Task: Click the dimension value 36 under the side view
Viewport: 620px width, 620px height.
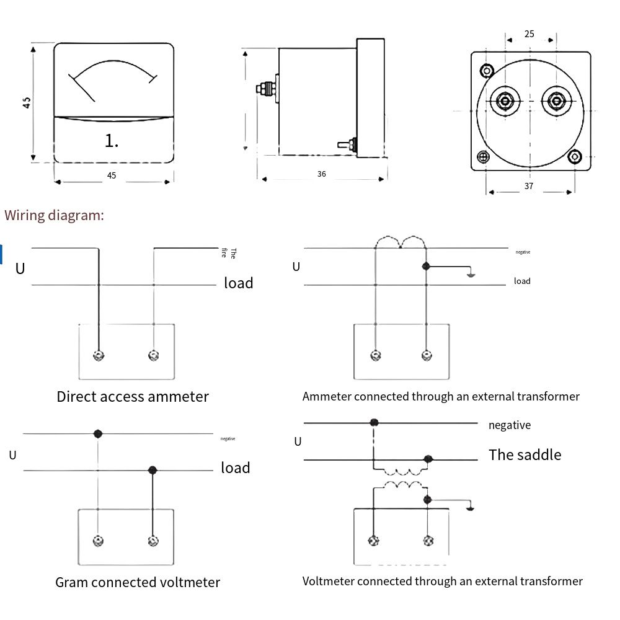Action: click(x=321, y=175)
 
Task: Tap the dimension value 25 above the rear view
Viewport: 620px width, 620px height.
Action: click(x=529, y=34)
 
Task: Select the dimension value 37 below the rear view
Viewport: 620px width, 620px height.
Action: click(x=529, y=186)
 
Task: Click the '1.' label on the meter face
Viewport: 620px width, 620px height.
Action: click(x=112, y=141)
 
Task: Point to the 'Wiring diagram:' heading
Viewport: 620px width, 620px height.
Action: click(x=55, y=215)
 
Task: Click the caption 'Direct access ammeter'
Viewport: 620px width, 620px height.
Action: click(x=133, y=397)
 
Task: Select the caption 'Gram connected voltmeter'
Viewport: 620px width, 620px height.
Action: click(x=138, y=582)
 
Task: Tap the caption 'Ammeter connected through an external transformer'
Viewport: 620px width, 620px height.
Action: click(x=441, y=396)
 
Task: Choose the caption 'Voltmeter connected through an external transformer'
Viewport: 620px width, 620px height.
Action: click(x=443, y=581)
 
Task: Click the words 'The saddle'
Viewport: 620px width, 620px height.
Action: click(x=525, y=454)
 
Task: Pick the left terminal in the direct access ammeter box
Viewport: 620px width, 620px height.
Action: click(x=99, y=355)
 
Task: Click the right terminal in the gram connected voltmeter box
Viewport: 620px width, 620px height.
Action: click(x=153, y=541)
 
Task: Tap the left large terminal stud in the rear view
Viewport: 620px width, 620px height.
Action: click(x=505, y=101)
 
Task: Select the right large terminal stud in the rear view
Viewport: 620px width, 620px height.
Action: click(x=556, y=101)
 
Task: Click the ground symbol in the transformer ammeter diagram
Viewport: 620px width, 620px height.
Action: click(x=471, y=273)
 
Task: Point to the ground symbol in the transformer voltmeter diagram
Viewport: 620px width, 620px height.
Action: click(x=471, y=508)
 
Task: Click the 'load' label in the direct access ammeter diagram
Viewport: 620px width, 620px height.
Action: click(x=239, y=283)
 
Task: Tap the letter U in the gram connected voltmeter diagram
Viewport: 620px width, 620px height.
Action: click(x=12, y=455)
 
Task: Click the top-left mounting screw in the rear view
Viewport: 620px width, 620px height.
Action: click(x=487, y=69)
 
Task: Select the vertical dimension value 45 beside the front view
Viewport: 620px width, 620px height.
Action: click(x=27, y=103)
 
